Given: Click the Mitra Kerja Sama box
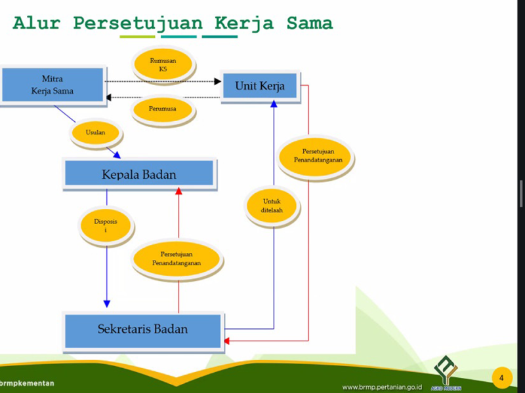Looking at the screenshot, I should pyautogui.click(x=52, y=84).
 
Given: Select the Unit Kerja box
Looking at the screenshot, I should pyautogui.click(x=260, y=86).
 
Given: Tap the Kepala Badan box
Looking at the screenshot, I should pyautogui.click(x=138, y=174).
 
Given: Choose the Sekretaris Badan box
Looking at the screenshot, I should pyautogui.click(x=143, y=329).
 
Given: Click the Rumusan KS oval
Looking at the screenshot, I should pyautogui.click(x=163, y=65).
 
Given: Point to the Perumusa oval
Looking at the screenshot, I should pyautogui.click(x=163, y=109).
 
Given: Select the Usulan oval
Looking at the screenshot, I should pyautogui.click(x=95, y=133).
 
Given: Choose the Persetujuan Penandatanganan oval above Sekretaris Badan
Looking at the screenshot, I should pyautogui.click(x=177, y=258).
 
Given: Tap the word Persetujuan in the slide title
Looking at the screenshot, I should pyautogui.click(x=138, y=24).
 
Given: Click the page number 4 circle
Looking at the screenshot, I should pyautogui.click(x=501, y=378).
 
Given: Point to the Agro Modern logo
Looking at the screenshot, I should pyautogui.click(x=446, y=374).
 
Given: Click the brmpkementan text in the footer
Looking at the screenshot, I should pyautogui.click(x=27, y=383).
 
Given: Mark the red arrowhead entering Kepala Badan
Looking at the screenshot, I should pyautogui.click(x=178, y=190).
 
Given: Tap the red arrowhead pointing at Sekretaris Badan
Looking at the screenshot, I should pyautogui.click(x=227, y=341).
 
